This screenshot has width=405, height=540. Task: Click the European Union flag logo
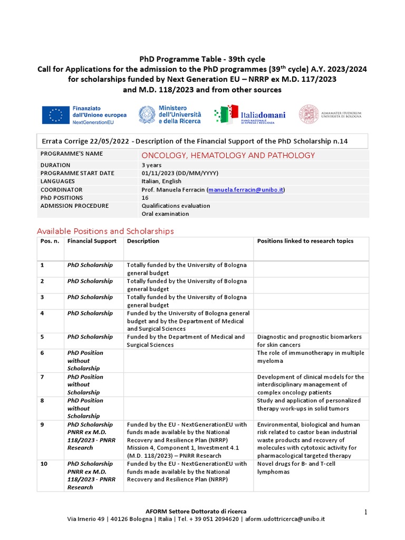[x=55, y=114]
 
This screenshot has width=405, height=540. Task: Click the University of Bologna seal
[x=309, y=114]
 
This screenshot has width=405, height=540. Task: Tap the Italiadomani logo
[x=250, y=114]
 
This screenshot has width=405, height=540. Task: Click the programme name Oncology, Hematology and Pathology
[x=228, y=155]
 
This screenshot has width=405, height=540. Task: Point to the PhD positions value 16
[x=145, y=198]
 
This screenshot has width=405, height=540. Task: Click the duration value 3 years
[x=152, y=165]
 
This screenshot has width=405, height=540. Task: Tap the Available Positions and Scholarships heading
[x=105, y=231]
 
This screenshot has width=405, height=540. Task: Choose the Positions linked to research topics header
[x=305, y=241]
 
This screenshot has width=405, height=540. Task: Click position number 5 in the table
[x=42, y=336]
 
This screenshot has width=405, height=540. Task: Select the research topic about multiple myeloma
[x=310, y=356]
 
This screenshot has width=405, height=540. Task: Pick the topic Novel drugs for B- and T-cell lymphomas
[x=296, y=467]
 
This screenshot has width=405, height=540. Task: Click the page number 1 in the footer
[x=365, y=512]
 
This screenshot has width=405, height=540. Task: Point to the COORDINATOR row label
[x=62, y=190]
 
